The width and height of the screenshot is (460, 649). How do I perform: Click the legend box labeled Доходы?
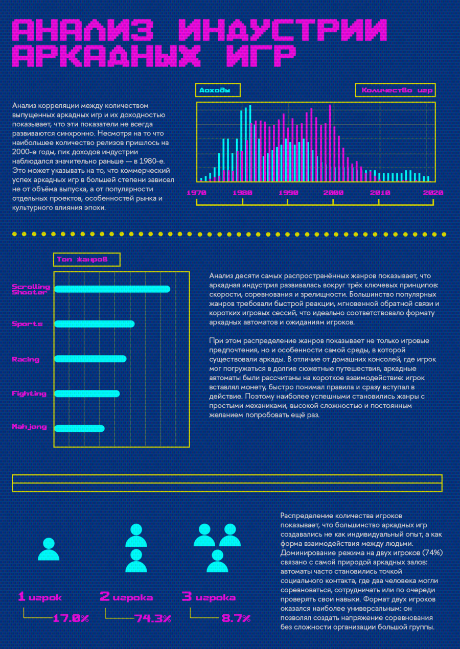218,90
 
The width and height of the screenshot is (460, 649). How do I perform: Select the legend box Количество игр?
396,90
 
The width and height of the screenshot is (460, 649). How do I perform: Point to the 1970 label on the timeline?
196,193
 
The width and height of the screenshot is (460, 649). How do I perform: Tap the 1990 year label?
288,193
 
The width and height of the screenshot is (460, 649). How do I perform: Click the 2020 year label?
433,193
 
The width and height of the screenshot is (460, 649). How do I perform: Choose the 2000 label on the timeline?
334,193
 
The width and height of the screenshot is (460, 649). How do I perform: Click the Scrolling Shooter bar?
112,289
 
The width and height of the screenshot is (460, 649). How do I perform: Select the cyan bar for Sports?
95,324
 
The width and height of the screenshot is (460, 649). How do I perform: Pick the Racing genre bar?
90,359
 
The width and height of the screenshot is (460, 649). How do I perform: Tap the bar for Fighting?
87,393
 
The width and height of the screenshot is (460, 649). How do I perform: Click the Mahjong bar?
79,429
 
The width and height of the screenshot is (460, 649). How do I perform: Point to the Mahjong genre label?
29,427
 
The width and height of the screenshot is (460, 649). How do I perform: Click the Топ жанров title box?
87,259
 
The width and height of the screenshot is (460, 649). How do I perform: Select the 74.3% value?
153,619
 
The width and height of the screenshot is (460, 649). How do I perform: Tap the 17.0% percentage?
71,619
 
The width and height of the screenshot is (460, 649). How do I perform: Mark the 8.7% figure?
236,619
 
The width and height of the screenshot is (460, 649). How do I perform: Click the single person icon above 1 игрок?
49,549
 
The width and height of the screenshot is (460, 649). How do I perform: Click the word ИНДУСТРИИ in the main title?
282,30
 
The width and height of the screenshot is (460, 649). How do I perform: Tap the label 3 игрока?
209,596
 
